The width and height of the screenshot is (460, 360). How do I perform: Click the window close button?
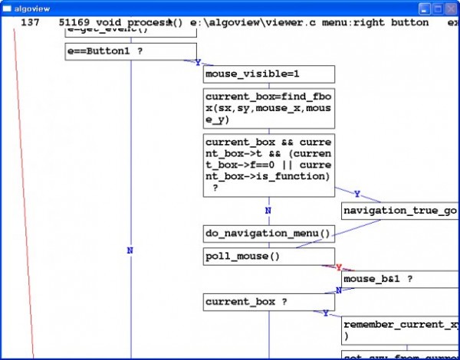point(450,8)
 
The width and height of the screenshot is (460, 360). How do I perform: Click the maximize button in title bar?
point(437,8)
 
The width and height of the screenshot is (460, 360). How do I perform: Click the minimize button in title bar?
point(424,8)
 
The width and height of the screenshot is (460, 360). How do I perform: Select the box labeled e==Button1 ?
point(130,51)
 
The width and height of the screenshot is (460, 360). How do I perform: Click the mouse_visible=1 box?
point(268,74)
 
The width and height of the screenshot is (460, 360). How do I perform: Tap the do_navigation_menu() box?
point(268,234)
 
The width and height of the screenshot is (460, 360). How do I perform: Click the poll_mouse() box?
point(268,257)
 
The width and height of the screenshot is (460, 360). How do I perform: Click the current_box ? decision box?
point(268,303)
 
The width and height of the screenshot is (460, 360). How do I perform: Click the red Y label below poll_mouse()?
point(338,268)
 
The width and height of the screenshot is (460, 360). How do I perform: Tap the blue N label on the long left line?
point(130,250)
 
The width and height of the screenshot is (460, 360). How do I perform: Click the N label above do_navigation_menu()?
point(268,211)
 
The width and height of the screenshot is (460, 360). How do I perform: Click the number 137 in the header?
point(30,23)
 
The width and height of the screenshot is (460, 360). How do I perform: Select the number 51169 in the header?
point(74,23)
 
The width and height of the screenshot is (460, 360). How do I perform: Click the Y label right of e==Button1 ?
point(199,63)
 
